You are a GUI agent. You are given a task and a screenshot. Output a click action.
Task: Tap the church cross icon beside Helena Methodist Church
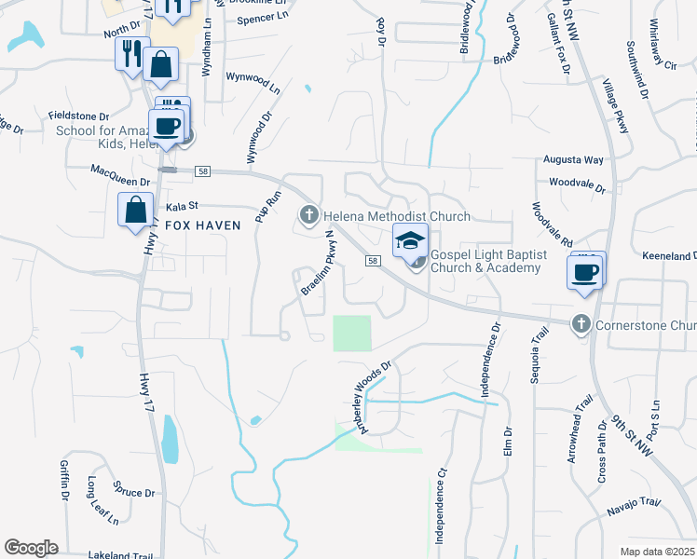309,216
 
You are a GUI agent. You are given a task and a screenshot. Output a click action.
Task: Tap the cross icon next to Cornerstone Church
581,324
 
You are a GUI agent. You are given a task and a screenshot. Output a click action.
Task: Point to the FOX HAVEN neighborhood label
203,225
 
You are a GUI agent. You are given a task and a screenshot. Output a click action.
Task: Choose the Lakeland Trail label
120,555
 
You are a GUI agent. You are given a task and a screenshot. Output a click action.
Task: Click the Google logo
31,548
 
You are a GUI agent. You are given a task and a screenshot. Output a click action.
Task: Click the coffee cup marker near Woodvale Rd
586,271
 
